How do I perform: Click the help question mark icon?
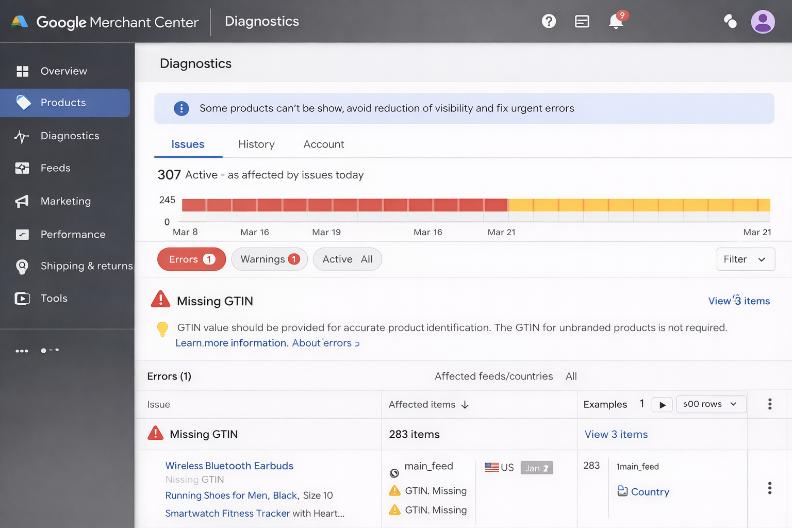(549, 21)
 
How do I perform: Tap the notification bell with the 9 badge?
(616, 21)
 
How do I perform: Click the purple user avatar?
(763, 22)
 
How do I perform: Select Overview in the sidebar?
(63, 71)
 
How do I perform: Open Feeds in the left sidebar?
(55, 168)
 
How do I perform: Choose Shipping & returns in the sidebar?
(86, 266)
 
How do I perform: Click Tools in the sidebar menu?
(54, 299)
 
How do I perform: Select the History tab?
(256, 144)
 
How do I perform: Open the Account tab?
(323, 144)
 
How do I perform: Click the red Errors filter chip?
(191, 259)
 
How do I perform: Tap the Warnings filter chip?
(269, 259)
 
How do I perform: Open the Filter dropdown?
(745, 259)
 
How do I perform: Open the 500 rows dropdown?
(711, 404)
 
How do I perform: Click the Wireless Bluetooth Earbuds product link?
(229, 466)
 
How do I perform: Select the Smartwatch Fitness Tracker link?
(227, 514)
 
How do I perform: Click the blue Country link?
(649, 492)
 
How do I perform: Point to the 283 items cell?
(414, 435)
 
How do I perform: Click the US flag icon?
(491, 467)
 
